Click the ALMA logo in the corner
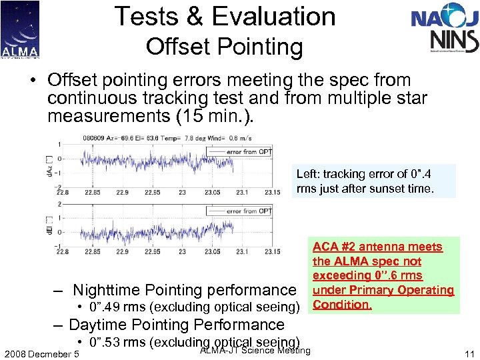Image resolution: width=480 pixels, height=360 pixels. click(x=20, y=29)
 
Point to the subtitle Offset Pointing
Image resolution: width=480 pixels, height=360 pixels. click(x=224, y=47)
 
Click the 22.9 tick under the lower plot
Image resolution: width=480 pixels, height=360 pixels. click(x=121, y=252)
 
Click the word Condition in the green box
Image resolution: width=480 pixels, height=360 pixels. click(x=342, y=305)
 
